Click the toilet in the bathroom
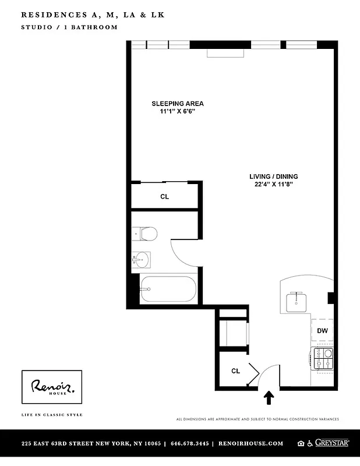tap(146, 234)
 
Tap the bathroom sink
tap(141, 259)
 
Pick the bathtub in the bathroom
tap(169, 289)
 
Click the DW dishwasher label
tap(322, 331)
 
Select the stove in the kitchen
tap(323, 358)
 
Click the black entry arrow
tap(269, 397)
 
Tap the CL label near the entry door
tap(236, 370)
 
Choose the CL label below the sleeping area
tap(165, 197)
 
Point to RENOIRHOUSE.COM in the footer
tap(250, 443)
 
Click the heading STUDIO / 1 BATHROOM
tap(69, 27)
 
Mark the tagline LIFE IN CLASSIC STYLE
tap(52, 415)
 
